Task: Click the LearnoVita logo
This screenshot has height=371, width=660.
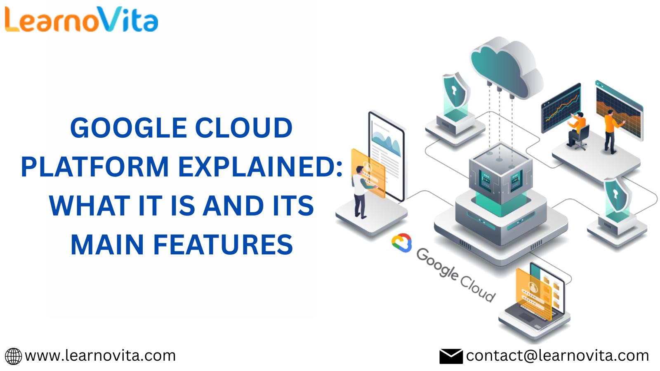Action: [x=82, y=19]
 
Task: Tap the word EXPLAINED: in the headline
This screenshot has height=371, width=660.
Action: [x=260, y=167]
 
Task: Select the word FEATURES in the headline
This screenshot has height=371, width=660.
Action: [x=223, y=244]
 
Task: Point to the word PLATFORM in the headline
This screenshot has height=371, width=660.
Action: [x=95, y=167]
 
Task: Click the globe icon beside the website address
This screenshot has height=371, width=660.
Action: [x=13, y=356]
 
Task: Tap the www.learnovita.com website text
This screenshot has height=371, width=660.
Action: [x=100, y=356]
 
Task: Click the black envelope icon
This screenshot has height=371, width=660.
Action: [x=451, y=356]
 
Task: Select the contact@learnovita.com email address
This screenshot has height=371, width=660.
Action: [x=557, y=356]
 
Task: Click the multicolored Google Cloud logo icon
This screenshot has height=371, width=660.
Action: [x=402, y=243]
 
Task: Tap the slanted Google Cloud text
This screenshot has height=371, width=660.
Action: [x=455, y=275]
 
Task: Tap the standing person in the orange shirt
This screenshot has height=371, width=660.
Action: [x=612, y=131]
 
